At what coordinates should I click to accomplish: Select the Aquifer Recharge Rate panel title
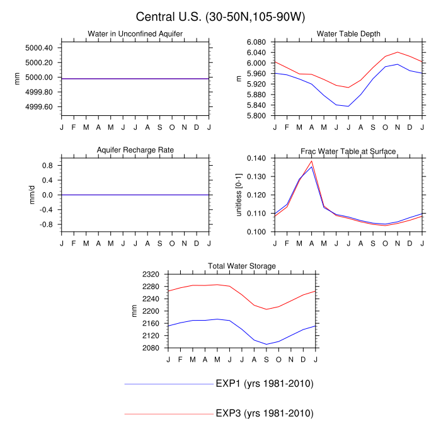[x=135, y=150]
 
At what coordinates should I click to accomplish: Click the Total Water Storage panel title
[x=242, y=266]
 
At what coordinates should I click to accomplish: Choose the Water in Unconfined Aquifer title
[x=135, y=33]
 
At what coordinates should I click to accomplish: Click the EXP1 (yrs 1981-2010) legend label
[x=264, y=384]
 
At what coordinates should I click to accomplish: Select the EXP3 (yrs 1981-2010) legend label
[x=264, y=413]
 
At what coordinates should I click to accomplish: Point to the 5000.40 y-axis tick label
[x=38, y=48]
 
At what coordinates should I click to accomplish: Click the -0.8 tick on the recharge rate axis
[x=46, y=224]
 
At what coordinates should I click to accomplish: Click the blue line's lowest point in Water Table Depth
[x=348, y=106]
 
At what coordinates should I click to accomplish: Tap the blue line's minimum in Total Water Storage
[x=266, y=345]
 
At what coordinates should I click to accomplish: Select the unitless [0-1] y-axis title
[x=239, y=195]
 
